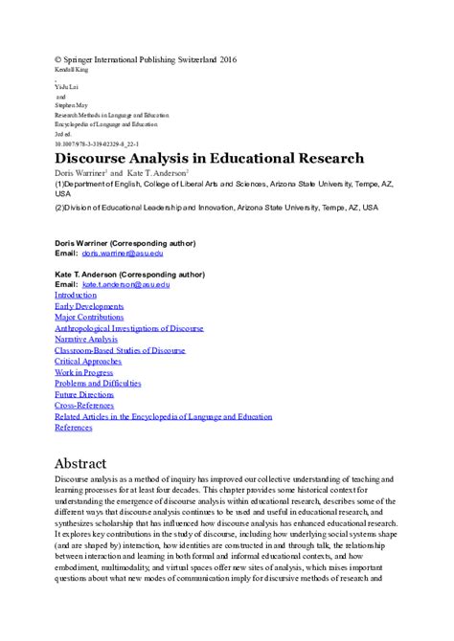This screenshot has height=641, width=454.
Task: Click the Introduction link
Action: [81, 295]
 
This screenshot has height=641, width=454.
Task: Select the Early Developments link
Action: [88, 306]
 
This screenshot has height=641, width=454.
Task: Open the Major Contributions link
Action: [90, 317]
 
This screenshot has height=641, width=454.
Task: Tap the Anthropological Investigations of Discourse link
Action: [129, 328]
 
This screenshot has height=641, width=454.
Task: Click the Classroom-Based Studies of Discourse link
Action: [120, 350]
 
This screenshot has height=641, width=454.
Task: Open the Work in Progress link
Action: [82, 373]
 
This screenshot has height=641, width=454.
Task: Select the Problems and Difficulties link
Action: [98, 384]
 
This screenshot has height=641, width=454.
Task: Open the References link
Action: [77, 428]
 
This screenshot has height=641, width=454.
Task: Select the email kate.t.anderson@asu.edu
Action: [126, 284]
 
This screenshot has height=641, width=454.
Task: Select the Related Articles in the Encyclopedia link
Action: [164, 417]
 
